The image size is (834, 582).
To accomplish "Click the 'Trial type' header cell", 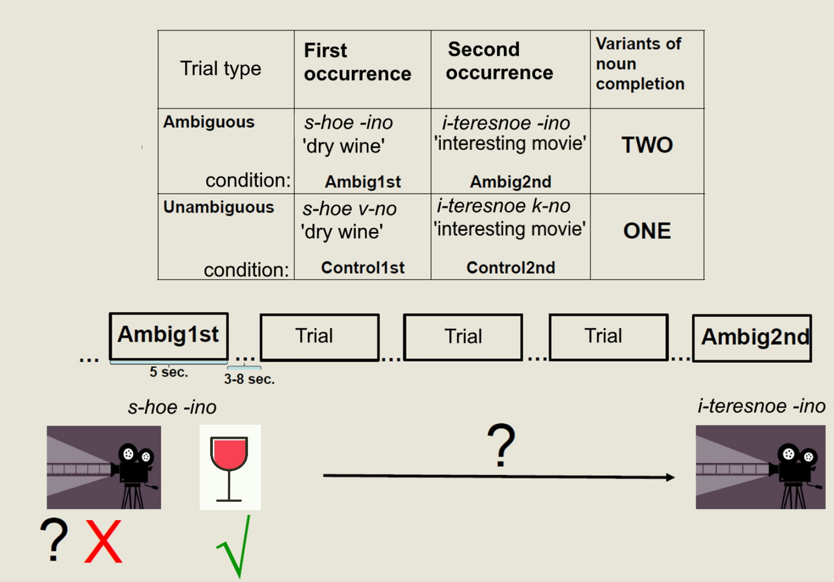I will tap(221, 69).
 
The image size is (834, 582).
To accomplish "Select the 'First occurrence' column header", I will tap(357, 62).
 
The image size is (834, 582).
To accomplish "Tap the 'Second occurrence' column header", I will tap(499, 61).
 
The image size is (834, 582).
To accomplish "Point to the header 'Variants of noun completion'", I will tap(639, 64).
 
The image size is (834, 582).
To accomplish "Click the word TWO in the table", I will tap(647, 145).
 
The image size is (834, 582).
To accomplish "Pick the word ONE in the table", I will tap(647, 231).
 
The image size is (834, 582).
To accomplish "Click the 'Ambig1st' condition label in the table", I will tap(363, 182).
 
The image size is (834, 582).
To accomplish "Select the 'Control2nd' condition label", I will tap(511, 268).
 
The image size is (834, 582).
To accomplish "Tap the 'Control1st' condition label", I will tap(363, 268).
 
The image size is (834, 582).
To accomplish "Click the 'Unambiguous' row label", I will tap(219, 207).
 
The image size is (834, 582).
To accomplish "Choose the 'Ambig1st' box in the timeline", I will tap(169, 336).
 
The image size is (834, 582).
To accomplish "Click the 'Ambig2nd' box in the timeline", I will tap(752, 337).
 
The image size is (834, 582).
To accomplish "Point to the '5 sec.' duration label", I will tap(169, 372).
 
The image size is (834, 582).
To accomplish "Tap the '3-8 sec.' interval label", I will tap(249, 379).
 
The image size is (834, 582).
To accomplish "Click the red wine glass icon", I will tap(229, 467).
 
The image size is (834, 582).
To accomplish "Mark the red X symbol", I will tap(103, 541).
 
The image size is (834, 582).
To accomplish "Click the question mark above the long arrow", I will tap(501, 444).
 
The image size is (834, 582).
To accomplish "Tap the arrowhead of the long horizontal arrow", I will tap(670, 477).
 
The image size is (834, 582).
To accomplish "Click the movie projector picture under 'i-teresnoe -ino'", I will tap(760, 467).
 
